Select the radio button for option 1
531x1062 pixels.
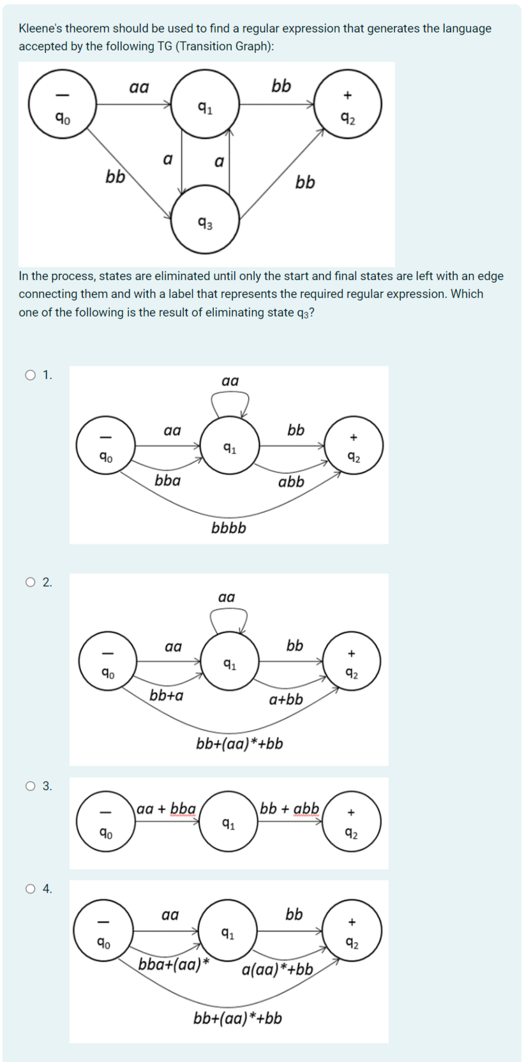30,375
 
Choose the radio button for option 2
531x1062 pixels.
30,582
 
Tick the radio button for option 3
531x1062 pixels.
30,786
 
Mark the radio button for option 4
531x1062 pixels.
30,888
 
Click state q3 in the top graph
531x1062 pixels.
205,220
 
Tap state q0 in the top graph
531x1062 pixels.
62,104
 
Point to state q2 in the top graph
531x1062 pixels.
348,104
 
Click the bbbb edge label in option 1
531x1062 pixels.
228,528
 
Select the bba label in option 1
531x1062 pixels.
167,480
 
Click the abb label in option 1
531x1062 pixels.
291,482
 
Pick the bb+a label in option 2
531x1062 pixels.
166,695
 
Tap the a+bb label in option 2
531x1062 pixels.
286,699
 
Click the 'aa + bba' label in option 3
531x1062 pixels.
166,809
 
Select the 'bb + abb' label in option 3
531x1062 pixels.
289,809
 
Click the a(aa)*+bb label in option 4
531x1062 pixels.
278,970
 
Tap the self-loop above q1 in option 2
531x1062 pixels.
228,618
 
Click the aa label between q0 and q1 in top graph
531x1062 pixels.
138,87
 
